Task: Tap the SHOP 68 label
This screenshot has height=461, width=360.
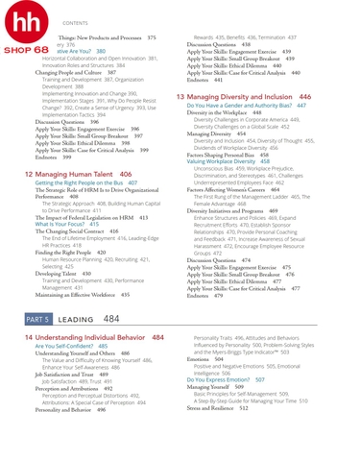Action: [26, 47]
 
